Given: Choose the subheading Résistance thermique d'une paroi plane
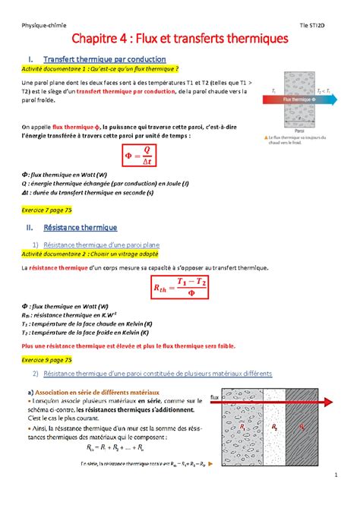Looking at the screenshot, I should tap(101, 245).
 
